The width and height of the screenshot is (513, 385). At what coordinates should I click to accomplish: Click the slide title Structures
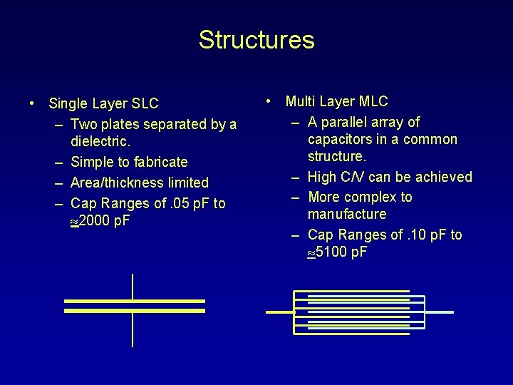tap(256, 40)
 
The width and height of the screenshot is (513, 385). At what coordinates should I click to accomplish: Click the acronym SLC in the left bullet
tap(145, 104)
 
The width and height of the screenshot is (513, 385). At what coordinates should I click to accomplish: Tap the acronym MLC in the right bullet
tap(373, 102)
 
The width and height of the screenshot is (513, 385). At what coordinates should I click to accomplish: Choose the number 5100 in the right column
tap(331, 252)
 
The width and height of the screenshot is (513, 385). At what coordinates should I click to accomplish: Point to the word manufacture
tap(347, 214)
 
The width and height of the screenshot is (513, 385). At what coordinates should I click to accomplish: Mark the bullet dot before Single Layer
tap(33, 104)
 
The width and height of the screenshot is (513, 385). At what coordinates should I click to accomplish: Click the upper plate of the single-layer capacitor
tap(135, 301)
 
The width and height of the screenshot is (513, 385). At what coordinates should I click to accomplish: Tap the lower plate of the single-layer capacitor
tap(135, 311)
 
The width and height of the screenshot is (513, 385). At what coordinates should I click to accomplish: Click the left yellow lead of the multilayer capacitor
tap(279, 312)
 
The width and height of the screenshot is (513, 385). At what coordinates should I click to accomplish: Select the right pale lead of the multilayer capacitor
tap(439, 312)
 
